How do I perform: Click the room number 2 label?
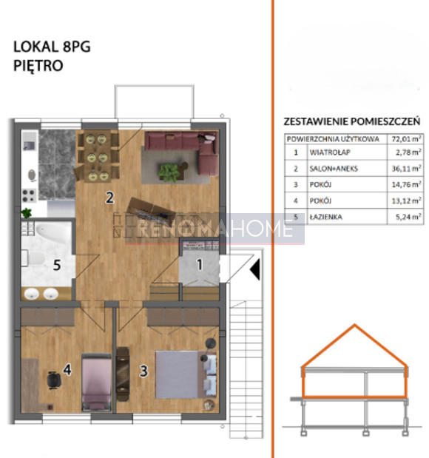point(109,198)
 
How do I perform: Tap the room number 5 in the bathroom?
point(57,265)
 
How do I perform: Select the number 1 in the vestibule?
point(200,264)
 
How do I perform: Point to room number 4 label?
point(67,369)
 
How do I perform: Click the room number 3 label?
point(143,371)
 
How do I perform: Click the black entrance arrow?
point(255,269)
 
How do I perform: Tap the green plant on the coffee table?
point(169,172)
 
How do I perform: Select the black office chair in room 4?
point(54,380)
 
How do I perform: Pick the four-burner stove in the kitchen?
point(29,195)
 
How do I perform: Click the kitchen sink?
point(30,145)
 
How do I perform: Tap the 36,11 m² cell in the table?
point(406,169)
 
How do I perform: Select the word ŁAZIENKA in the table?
point(326,217)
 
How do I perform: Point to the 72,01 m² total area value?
point(406,139)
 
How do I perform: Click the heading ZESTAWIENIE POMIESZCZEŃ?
point(352,121)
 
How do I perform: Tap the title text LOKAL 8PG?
point(52,47)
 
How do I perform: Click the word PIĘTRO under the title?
point(38,65)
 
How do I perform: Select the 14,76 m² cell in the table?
point(406,184)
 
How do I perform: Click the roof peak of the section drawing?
point(354,325)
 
